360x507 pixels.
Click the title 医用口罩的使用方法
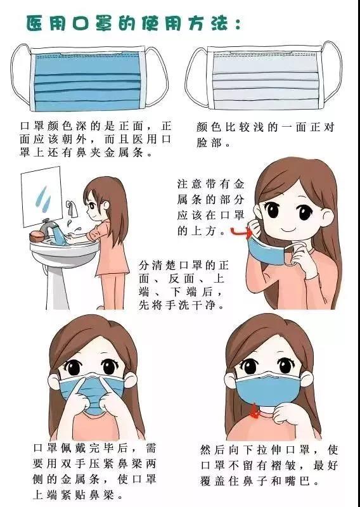pyautogui.click(x=134, y=23)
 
